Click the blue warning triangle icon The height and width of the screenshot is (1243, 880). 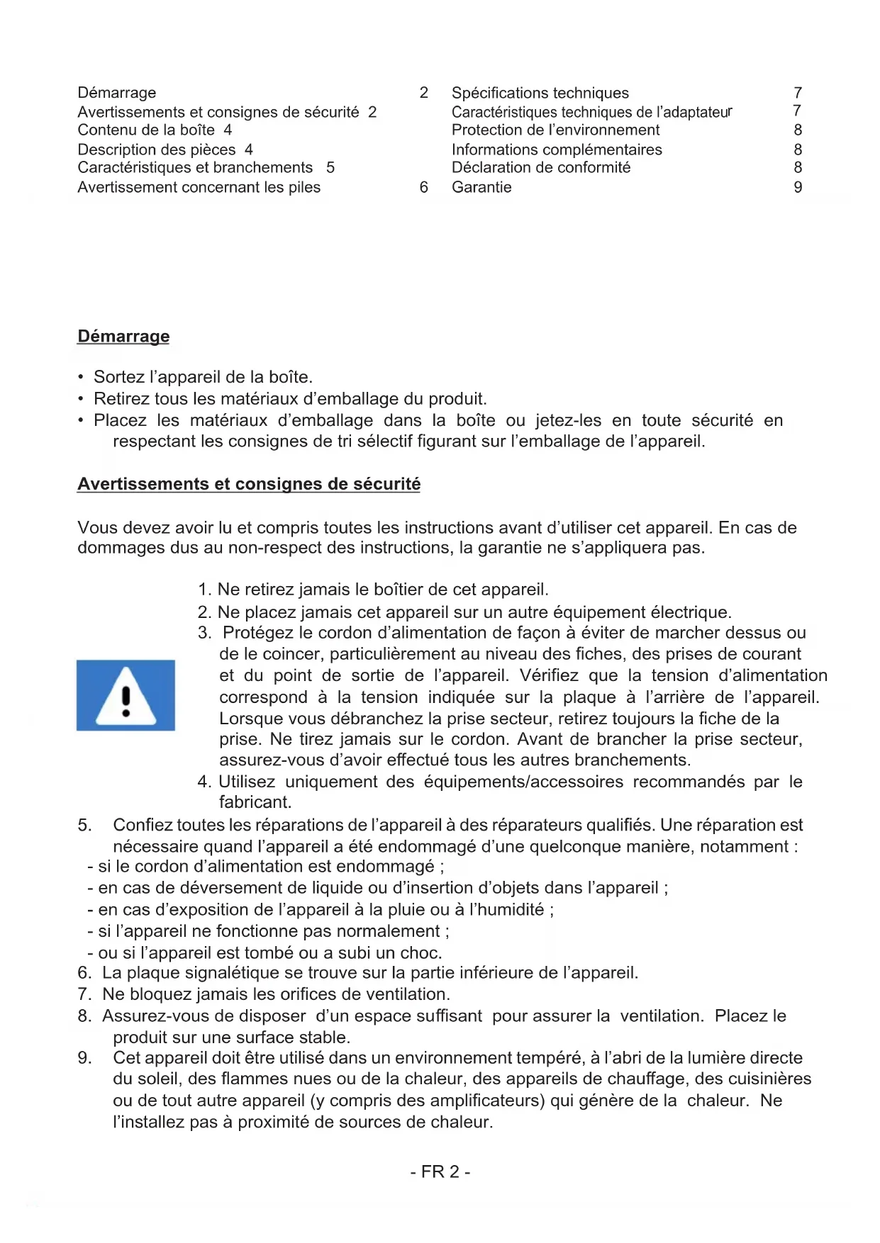[126, 695]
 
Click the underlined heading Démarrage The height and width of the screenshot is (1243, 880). [123, 336]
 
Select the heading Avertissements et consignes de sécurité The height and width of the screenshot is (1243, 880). [248, 484]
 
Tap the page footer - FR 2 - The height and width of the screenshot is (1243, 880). [440, 1171]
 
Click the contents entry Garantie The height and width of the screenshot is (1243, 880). [481, 187]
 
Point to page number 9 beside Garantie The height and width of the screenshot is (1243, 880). [798, 187]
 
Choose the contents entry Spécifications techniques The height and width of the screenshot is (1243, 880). [540, 93]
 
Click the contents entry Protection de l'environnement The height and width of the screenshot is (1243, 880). [555, 130]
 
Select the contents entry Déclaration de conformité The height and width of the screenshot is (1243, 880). [540, 167]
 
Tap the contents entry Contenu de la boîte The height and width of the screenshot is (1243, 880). [146, 130]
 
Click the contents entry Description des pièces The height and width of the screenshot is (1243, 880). [157, 150]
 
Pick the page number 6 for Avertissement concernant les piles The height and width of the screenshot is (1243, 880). [424, 187]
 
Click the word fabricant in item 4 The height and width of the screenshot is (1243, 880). [255, 802]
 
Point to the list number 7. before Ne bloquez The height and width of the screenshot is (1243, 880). [84, 994]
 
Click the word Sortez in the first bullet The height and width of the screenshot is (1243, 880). [118, 377]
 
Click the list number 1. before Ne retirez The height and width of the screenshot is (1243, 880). [204, 590]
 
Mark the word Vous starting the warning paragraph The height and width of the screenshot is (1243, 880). [97, 528]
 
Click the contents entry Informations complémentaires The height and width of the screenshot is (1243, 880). [557, 150]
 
